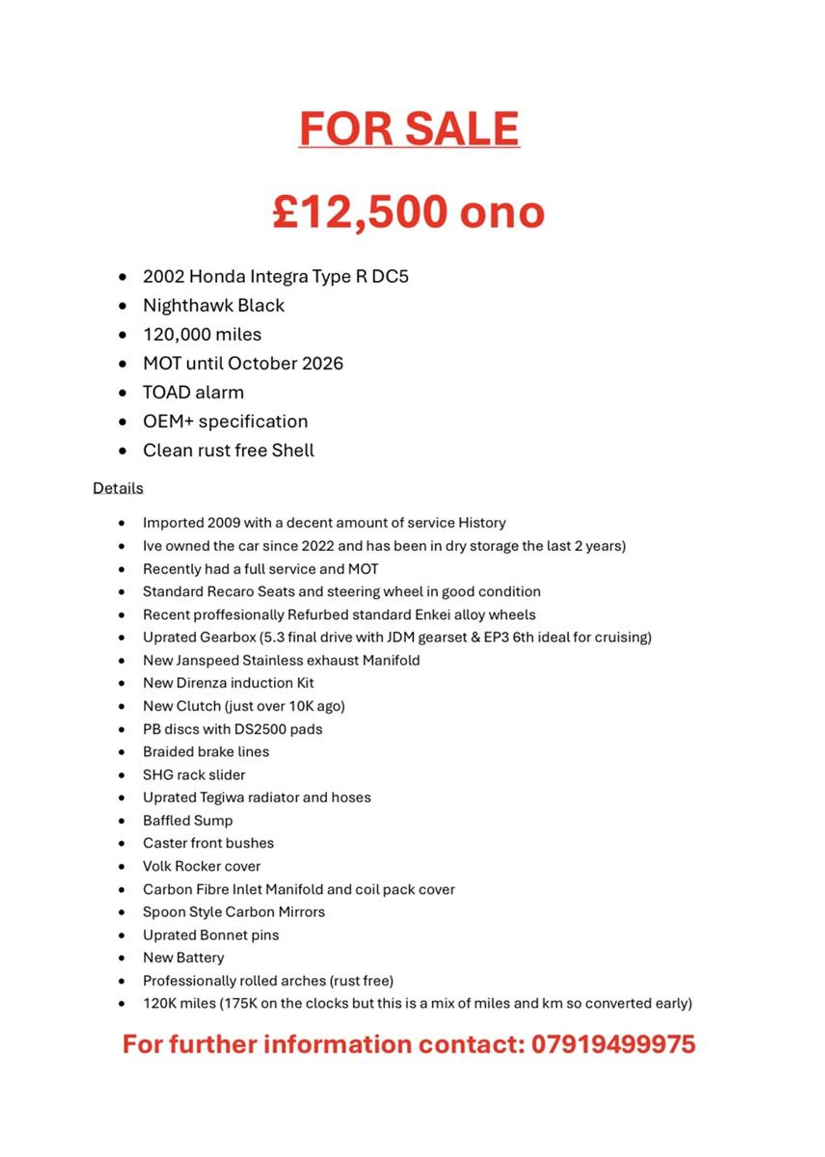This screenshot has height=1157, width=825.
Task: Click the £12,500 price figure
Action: [360, 211]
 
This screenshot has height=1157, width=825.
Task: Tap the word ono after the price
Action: [502, 213]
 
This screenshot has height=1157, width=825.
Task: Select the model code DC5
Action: [390, 276]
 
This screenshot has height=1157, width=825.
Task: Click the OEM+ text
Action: [168, 421]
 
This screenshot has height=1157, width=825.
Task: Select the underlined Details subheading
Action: [118, 488]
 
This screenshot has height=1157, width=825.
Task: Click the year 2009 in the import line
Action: [223, 523]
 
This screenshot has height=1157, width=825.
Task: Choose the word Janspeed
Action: [207, 660]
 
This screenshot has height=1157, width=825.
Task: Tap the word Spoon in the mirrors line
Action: [160, 912]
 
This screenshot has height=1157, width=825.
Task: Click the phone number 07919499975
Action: [613, 1044]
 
